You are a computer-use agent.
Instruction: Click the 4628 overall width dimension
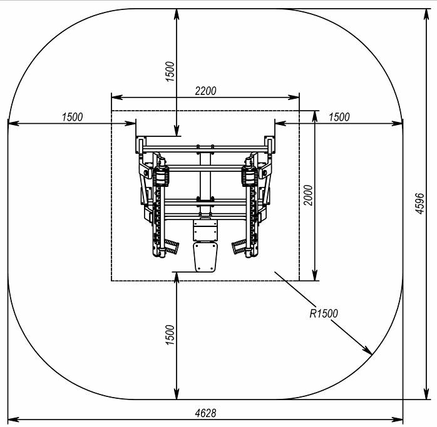(205, 413)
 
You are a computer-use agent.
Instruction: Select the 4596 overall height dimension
(419, 203)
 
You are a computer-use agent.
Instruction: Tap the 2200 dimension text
(205, 91)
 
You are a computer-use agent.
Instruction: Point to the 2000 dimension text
(308, 195)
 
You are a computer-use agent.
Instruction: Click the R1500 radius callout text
(324, 314)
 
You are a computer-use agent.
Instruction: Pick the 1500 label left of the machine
(72, 117)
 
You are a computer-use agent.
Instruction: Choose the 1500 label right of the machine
(339, 117)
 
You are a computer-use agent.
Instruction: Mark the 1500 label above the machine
(170, 71)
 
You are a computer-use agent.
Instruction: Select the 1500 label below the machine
(170, 335)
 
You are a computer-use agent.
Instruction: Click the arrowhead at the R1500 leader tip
(368, 351)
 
